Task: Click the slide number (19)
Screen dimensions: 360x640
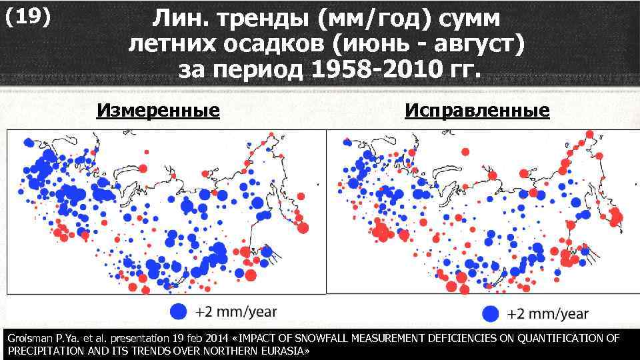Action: click(x=27, y=18)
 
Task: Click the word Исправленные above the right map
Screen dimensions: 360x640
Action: click(x=477, y=110)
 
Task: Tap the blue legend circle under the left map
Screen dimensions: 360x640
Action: click(x=178, y=311)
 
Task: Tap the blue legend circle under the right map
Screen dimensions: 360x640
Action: click(x=490, y=313)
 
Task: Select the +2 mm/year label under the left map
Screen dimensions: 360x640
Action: click(x=236, y=311)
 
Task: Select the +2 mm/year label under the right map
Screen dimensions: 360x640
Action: click(x=548, y=313)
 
